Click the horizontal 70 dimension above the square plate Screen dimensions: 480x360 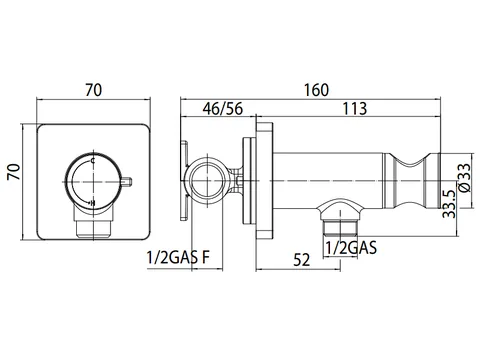93,90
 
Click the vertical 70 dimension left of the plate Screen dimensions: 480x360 14,172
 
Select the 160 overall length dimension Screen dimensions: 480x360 316,90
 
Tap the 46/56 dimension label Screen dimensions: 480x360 223,109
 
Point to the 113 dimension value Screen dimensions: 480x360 355,109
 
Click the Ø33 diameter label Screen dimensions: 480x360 465,177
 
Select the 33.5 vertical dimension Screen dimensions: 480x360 449,204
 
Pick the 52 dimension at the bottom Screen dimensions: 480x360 302,260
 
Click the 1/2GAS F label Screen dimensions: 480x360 178,257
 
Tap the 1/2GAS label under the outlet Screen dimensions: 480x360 351,248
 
